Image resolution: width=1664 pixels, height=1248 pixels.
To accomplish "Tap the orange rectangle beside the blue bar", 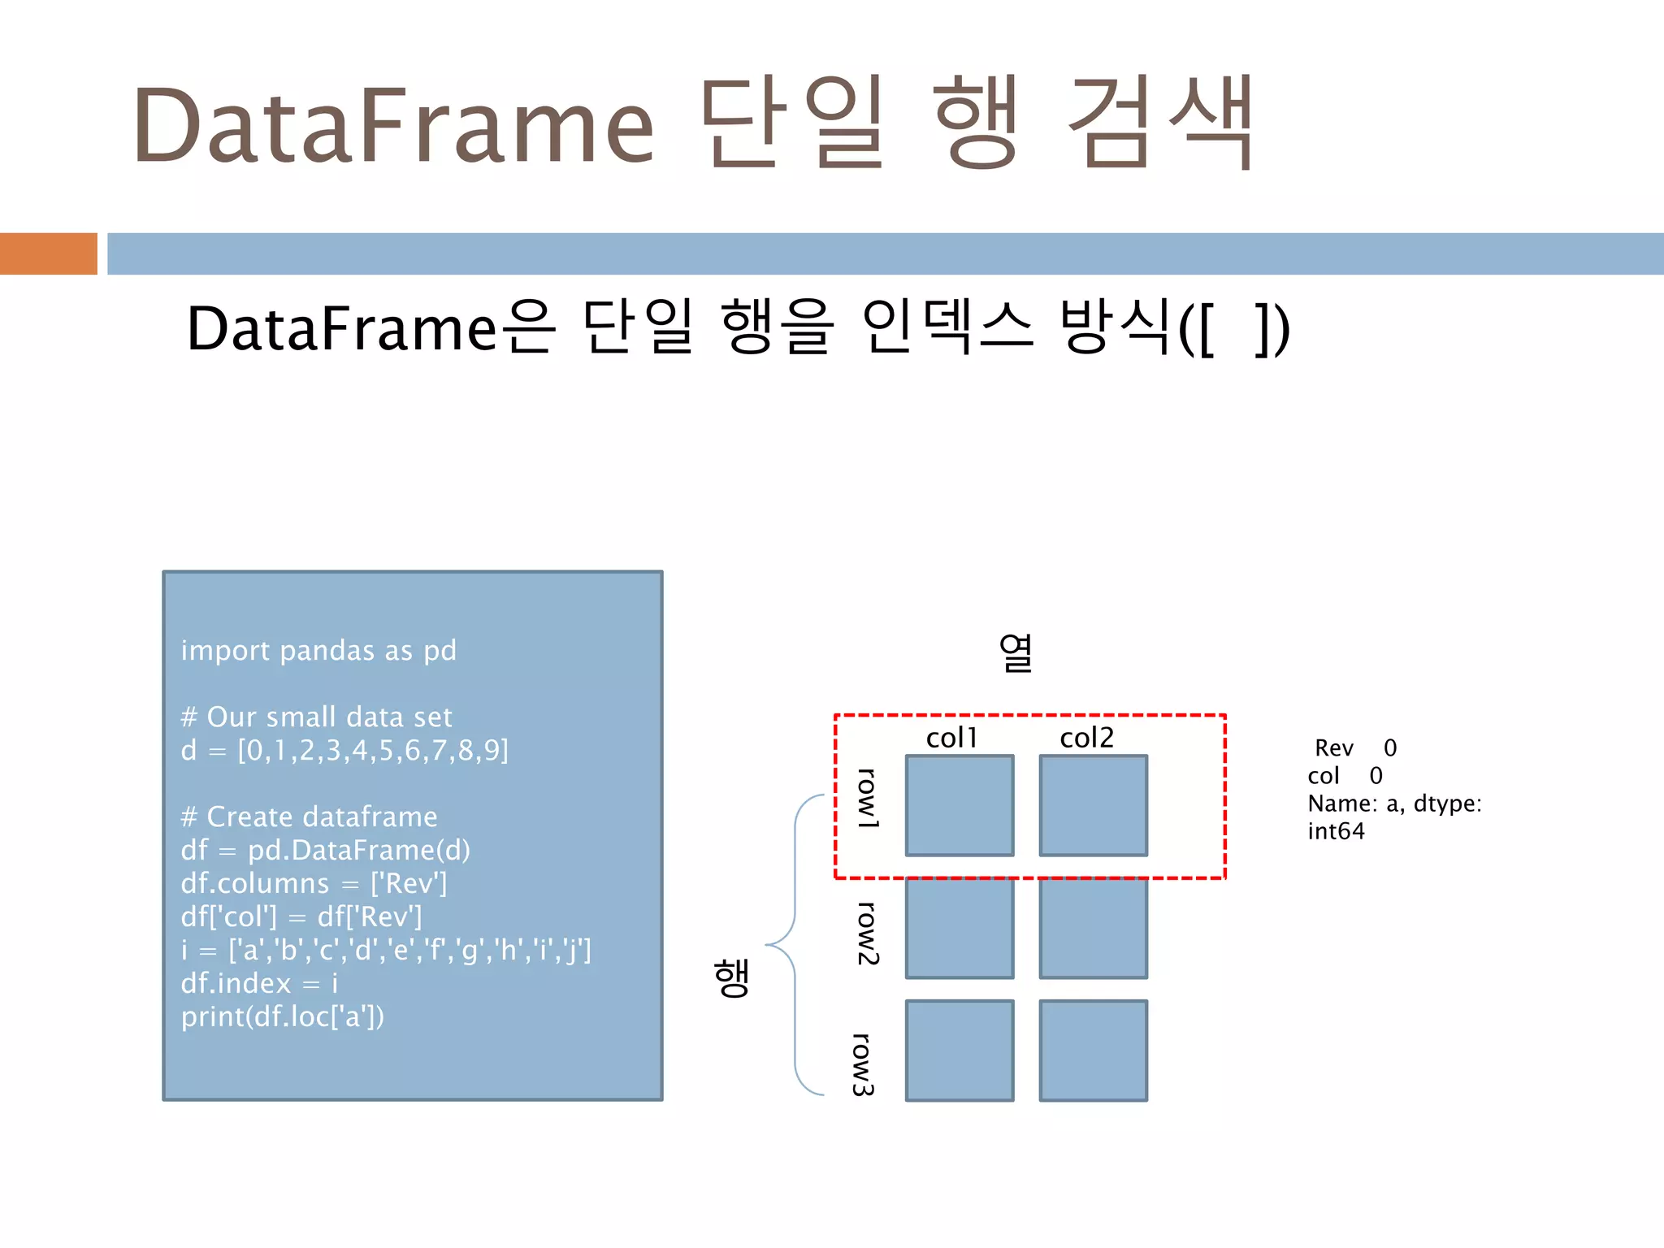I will pyautogui.click(x=48, y=253).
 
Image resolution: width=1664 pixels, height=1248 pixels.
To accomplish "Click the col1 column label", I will pyautogui.click(x=951, y=738).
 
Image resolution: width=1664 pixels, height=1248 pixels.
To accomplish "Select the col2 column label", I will pyautogui.click(x=1086, y=738).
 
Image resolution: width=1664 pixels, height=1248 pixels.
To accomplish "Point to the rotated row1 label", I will pyautogui.click(x=868, y=798).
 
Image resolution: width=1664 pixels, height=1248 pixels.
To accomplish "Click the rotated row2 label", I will pyautogui.click(x=868, y=933).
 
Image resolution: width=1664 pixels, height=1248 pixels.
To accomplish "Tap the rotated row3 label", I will pyautogui.click(x=863, y=1064).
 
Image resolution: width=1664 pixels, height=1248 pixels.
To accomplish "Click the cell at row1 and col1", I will pyautogui.click(x=960, y=805).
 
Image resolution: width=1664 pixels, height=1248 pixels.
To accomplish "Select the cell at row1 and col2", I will pyautogui.click(x=1093, y=805).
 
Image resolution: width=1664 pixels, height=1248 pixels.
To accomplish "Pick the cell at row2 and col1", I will pyautogui.click(x=960, y=928).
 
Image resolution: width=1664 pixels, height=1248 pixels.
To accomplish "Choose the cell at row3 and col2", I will pyautogui.click(x=1093, y=1051).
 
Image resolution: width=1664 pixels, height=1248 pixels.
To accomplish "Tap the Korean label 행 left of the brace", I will pyautogui.click(x=731, y=977).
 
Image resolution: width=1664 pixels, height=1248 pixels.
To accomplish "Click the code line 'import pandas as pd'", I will pyautogui.click(x=318, y=651).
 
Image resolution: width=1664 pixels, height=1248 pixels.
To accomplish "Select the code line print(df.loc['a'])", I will pyautogui.click(x=283, y=1016).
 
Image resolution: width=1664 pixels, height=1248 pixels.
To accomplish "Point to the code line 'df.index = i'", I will pyautogui.click(x=259, y=983).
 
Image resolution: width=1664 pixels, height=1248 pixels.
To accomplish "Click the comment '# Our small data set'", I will pyautogui.click(x=316, y=717).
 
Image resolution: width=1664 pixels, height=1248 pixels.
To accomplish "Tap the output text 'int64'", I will pyautogui.click(x=1336, y=831).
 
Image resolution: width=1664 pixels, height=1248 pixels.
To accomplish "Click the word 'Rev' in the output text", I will pyautogui.click(x=1333, y=747).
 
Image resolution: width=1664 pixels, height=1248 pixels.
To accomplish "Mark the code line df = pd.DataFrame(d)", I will pyautogui.click(x=325, y=850).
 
